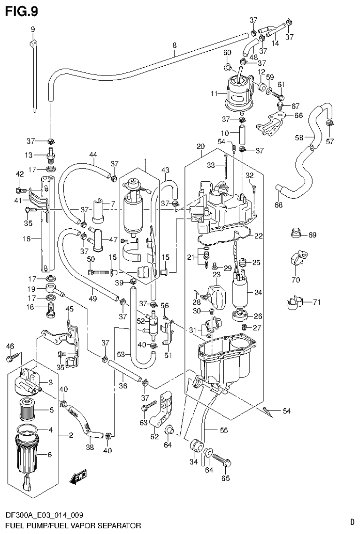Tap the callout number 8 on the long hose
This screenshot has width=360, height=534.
click(175, 45)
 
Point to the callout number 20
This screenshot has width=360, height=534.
click(200, 147)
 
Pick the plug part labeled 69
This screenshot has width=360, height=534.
click(296, 233)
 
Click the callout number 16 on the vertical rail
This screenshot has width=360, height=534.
click(27, 239)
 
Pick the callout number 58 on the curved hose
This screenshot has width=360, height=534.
click(299, 137)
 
